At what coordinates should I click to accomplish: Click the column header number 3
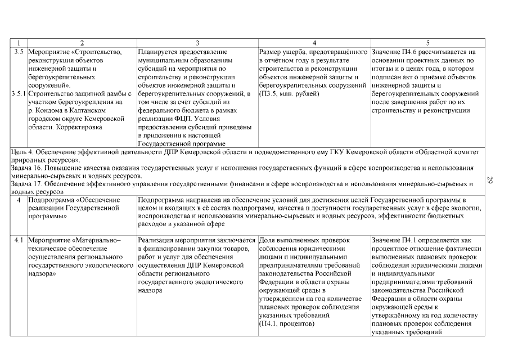coord(197,43)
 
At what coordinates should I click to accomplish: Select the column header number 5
coord(428,43)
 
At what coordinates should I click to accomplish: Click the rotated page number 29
coord(490,181)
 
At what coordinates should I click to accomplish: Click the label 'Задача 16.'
coord(28,168)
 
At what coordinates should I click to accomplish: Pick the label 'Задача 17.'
coord(28,184)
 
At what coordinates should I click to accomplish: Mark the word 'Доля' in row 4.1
coord(267,241)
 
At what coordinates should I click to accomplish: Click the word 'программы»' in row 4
coord(46,215)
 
